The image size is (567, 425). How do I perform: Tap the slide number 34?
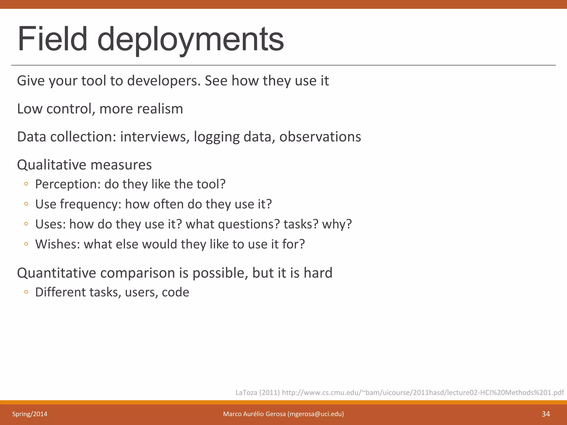546,414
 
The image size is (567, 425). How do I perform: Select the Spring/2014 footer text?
30,414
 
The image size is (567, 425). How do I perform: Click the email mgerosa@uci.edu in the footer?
316,414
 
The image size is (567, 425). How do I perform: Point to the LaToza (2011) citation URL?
422,392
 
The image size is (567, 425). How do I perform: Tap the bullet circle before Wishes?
26,244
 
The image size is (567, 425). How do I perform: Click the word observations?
320,137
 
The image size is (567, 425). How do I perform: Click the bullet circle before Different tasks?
26,292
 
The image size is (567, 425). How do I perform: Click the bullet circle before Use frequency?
26,204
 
